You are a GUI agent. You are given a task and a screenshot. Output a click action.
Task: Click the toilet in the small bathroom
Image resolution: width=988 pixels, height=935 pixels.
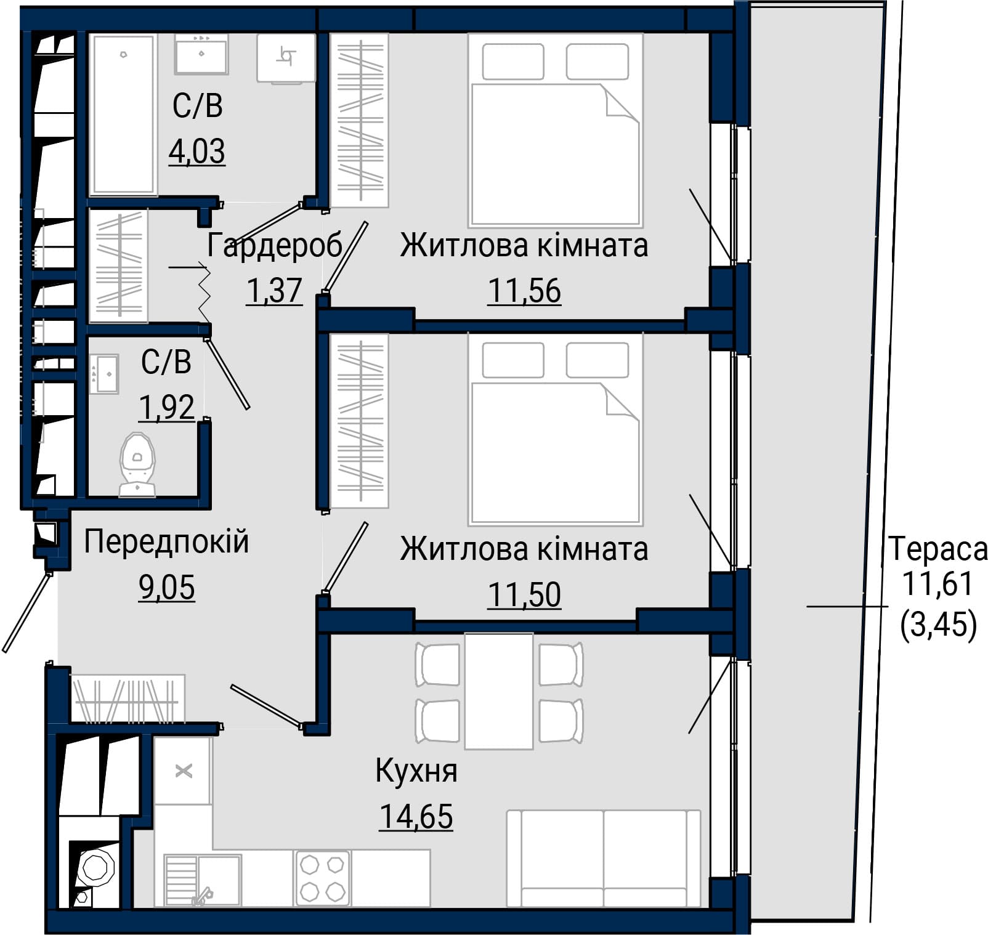point(137,464)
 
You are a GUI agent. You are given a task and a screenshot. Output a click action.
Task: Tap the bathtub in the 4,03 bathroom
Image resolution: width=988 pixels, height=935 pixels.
point(122,115)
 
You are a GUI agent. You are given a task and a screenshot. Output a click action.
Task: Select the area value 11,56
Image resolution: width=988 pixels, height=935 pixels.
point(524,291)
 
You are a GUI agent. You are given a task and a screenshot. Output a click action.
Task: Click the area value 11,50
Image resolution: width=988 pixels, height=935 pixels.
point(524,594)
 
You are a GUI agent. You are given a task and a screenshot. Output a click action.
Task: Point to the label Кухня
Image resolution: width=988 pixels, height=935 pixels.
point(416,771)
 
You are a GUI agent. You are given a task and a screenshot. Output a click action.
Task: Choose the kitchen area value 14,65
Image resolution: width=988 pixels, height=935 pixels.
point(416,817)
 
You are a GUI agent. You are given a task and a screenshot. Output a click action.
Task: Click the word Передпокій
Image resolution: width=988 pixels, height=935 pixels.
point(166,542)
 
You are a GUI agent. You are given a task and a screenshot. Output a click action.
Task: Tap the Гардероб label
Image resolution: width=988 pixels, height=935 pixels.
point(275,245)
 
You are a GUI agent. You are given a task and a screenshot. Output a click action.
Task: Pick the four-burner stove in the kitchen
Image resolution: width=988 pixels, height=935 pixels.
point(323,878)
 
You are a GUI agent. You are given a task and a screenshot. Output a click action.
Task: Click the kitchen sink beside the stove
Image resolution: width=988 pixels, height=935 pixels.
point(203,880)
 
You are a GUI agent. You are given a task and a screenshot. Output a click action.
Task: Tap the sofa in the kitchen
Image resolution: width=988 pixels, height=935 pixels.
point(604,858)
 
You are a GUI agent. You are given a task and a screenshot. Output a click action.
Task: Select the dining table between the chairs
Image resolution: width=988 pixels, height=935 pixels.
point(498,691)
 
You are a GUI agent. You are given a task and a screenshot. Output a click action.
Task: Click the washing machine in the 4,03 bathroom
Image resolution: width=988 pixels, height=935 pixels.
point(286,57)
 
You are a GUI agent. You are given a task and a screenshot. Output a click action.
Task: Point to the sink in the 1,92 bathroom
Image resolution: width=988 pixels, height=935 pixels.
point(104,374)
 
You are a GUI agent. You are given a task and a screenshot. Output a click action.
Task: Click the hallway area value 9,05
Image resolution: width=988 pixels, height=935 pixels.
point(166,588)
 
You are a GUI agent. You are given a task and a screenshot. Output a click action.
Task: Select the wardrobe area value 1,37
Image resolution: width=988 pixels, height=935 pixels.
point(275,291)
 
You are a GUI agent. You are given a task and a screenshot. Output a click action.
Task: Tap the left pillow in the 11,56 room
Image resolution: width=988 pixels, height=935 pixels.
point(513,62)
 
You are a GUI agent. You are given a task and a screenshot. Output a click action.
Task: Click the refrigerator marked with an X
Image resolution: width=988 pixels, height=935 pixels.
point(183,771)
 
